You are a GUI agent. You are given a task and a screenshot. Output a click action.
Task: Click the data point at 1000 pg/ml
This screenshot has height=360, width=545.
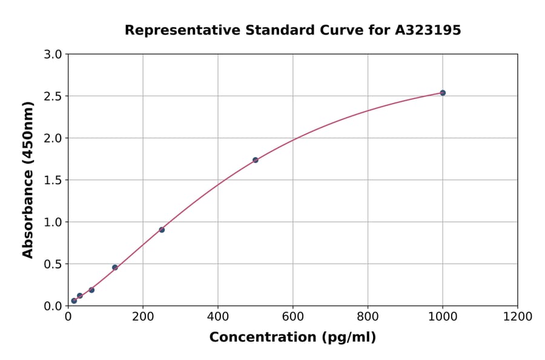443,93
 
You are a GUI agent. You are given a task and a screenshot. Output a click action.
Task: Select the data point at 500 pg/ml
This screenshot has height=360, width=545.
256,160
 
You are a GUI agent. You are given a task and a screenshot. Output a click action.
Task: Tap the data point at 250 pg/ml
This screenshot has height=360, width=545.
162,230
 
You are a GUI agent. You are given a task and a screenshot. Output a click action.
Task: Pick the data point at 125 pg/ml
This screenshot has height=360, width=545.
115,267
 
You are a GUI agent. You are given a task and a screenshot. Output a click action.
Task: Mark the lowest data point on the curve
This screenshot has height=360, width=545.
74,301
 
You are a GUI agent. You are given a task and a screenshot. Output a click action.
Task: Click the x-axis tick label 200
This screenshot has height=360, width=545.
143,317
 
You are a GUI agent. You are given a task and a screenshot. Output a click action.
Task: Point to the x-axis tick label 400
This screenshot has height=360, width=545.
218,317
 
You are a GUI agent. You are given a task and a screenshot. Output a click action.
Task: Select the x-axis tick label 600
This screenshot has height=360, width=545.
292,317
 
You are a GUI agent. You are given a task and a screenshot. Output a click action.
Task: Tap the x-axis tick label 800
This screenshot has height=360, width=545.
368,317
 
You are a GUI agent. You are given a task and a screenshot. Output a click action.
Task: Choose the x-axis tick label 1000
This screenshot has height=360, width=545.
443,317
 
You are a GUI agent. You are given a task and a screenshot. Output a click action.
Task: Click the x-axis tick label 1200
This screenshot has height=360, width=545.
518,317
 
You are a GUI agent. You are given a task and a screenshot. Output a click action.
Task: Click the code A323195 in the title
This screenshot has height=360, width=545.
429,30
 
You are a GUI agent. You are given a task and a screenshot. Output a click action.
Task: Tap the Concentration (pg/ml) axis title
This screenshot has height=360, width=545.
292,338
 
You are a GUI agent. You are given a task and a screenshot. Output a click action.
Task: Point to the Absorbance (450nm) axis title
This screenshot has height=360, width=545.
28,179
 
